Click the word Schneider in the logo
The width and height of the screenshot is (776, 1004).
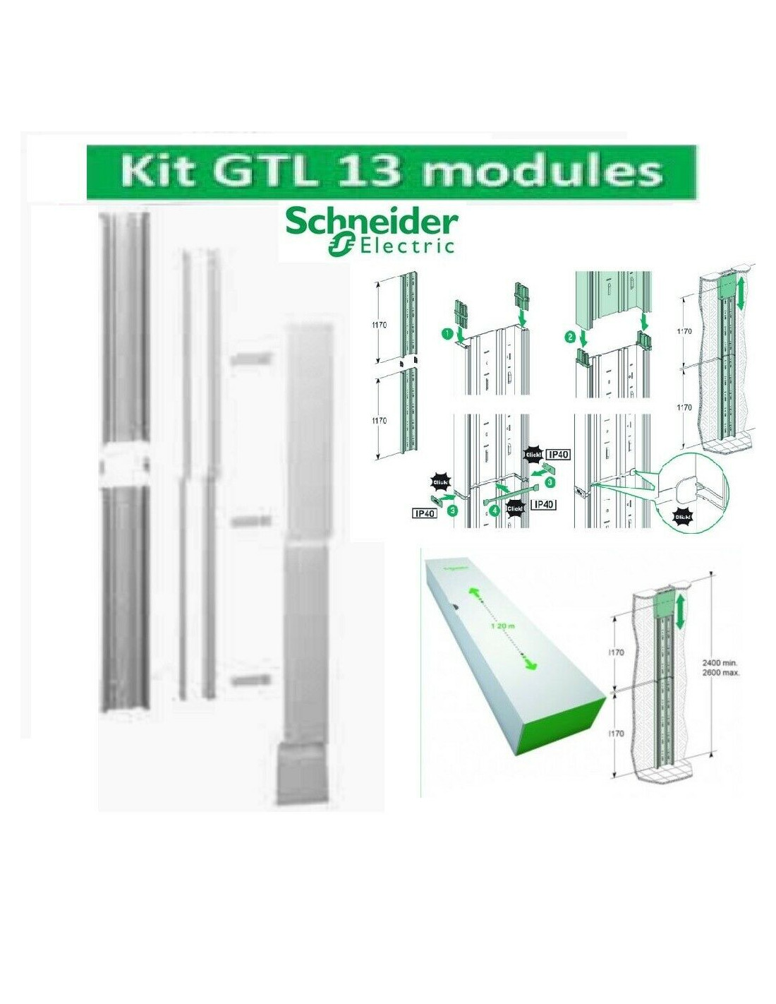pos(371,223)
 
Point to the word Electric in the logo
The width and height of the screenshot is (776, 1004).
pos(407,246)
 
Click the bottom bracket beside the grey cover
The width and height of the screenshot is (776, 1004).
pos(250,680)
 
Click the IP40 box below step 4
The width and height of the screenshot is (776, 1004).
pos(543,505)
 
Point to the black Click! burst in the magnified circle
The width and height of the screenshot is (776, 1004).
pos(682,517)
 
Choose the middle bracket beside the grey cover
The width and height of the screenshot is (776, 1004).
pos(250,520)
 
